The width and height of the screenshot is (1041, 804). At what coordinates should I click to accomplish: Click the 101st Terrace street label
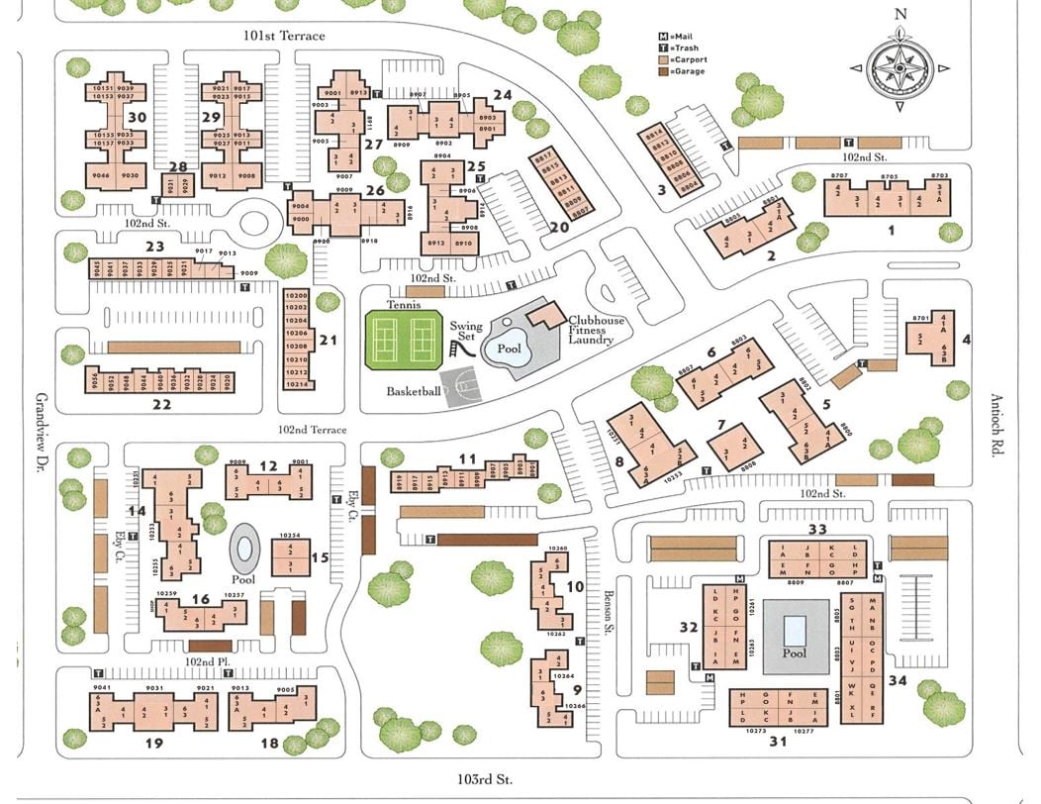point(284,37)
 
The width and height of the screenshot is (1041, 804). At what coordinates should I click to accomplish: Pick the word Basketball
point(414,391)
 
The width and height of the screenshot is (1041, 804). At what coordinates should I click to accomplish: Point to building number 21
point(329,341)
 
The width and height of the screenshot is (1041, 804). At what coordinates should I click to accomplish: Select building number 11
point(467,458)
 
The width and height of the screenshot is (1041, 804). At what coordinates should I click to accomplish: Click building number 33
point(816,530)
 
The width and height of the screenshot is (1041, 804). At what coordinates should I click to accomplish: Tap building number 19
point(153,742)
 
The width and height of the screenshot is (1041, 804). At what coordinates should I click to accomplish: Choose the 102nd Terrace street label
point(313,430)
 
